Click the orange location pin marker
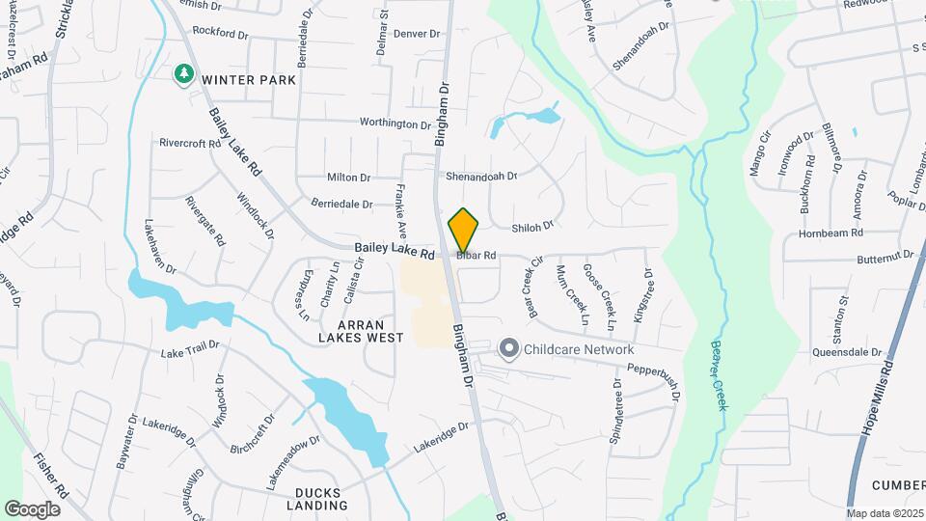(x=464, y=230)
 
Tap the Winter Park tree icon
(x=182, y=73)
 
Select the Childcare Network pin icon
(x=508, y=348)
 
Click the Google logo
(x=33, y=508)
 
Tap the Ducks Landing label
(x=317, y=499)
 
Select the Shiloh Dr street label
(x=532, y=227)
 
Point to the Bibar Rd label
(x=477, y=256)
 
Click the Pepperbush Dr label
(x=654, y=377)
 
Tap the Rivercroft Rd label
(x=191, y=144)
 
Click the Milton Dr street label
(x=349, y=178)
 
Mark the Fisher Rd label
(x=50, y=474)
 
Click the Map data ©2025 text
(x=885, y=513)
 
